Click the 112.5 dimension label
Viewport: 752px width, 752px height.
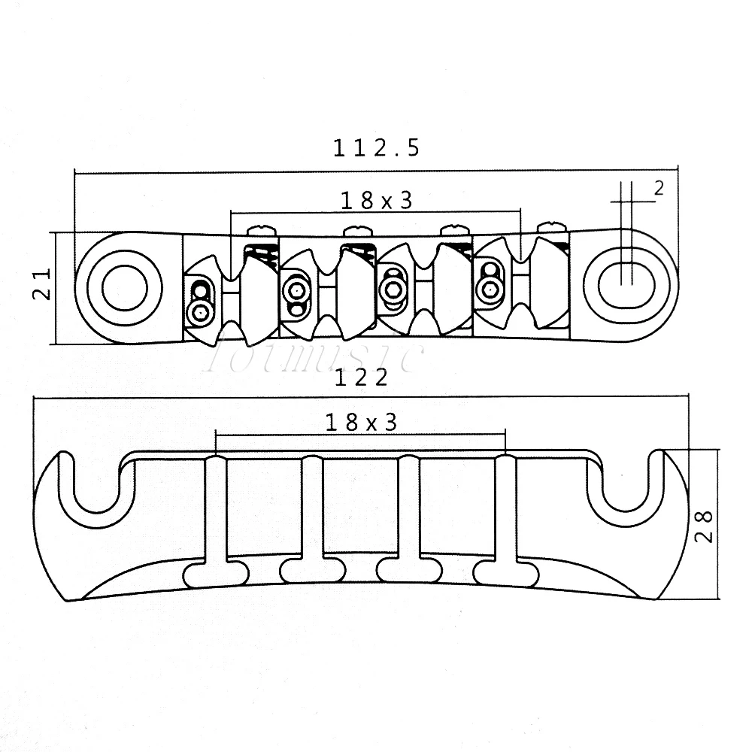coord(376,147)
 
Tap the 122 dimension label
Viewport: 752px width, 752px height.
coord(361,378)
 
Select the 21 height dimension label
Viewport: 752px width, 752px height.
coord(41,284)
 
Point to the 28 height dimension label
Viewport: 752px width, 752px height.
coord(704,526)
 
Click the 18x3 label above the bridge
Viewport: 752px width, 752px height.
coord(377,201)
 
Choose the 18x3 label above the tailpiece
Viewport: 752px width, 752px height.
coord(361,423)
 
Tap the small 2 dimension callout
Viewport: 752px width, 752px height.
coord(659,189)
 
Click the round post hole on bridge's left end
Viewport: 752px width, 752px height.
coord(126,287)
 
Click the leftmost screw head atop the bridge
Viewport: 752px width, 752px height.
coord(262,231)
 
